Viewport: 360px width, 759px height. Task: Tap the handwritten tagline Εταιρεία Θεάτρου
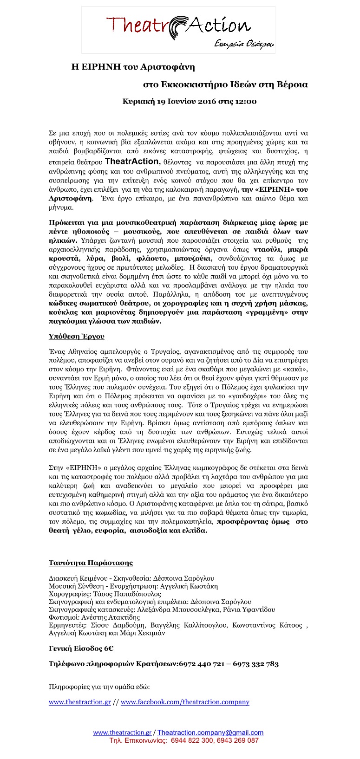coord(244,44)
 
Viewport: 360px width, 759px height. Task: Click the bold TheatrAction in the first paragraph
coord(132,162)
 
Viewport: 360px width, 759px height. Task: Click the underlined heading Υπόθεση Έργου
coord(77,336)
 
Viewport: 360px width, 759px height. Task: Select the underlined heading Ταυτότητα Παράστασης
coord(91,563)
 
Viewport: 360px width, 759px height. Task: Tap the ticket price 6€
coord(108,649)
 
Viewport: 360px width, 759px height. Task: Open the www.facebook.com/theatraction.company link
coord(185,702)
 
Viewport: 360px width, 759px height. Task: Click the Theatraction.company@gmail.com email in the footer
coord(210,733)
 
